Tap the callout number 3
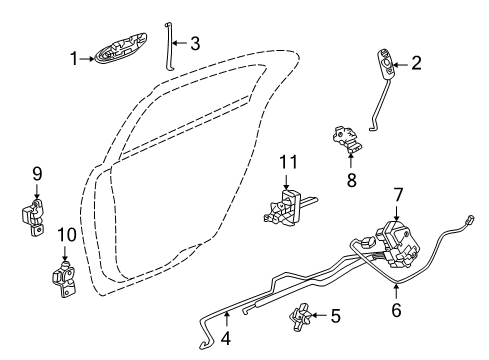click(196, 42)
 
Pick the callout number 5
click(335, 317)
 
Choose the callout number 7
click(397, 222)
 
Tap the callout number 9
click(36, 174)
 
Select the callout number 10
click(66, 235)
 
